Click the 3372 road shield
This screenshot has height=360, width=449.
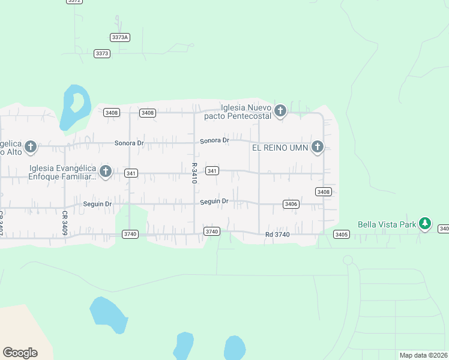click(x=74, y=1)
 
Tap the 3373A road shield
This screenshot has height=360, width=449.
click(x=120, y=37)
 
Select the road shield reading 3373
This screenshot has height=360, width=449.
click(x=102, y=53)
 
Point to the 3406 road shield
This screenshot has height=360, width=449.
click(x=291, y=204)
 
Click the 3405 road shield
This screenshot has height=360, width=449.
click(x=341, y=234)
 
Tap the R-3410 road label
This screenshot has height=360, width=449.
click(x=194, y=173)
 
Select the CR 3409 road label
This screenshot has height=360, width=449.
click(x=64, y=222)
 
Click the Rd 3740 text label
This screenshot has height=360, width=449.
click(x=277, y=234)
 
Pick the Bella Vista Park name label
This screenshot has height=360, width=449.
click(x=387, y=224)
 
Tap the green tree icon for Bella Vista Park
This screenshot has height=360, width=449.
click(x=425, y=224)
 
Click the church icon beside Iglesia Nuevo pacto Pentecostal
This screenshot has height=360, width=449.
click(x=279, y=110)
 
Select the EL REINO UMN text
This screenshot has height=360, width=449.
click(x=280, y=147)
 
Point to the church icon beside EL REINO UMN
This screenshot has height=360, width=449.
click(x=318, y=147)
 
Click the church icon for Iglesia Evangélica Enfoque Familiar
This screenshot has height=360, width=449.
click(x=106, y=172)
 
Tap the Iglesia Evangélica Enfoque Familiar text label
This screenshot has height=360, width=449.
click(x=62, y=172)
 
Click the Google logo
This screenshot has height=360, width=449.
click(x=20, y=352)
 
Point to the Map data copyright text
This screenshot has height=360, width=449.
click(x=424, y=355)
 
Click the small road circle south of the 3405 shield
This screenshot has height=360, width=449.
click(x=348, y=260)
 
